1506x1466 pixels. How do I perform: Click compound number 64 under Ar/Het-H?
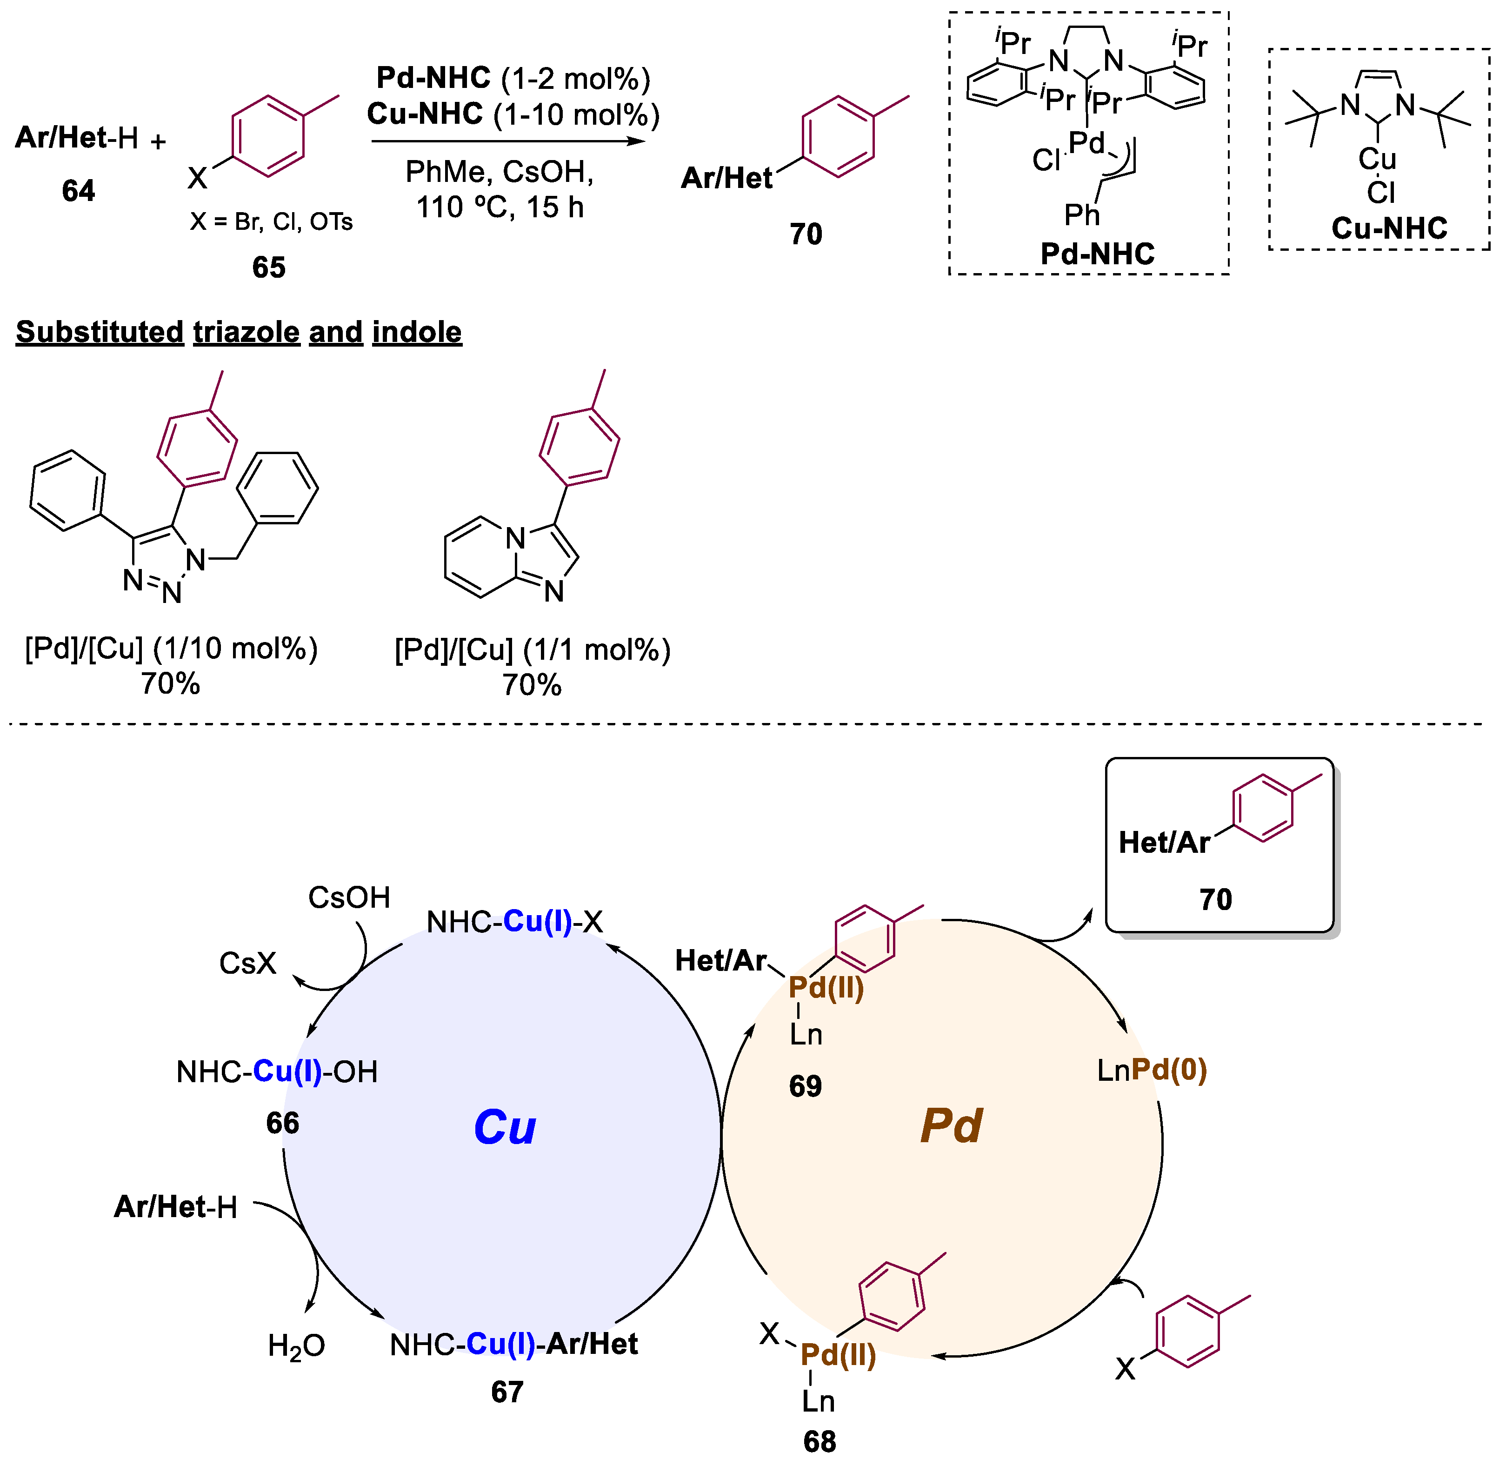pyautogui.click(x=79, y=190)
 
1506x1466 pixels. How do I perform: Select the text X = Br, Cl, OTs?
pyautogui.click(x=271, y=222)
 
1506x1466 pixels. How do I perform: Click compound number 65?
pyautogui.click(x=268, y=267)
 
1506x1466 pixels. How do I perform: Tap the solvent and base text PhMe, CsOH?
pyautogui.click(x=500, y=172)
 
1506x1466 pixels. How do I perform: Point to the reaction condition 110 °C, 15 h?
pyautogui.click(x=500, y=207)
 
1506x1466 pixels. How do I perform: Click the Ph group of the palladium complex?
pyautogui.click(x=1081, y=215)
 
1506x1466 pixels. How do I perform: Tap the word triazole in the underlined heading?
pyautogui.click(x=246, y=332)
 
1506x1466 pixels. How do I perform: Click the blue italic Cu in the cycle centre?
pyautogui.click(x=504, y=1127)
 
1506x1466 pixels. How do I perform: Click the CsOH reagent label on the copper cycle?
pyautogui.click(x=349, y=897)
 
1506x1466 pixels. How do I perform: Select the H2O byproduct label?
pyautogui.click(x=296, y=1345)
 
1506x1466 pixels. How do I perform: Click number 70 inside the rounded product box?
pyautogui.click(x=1215, y=899)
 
